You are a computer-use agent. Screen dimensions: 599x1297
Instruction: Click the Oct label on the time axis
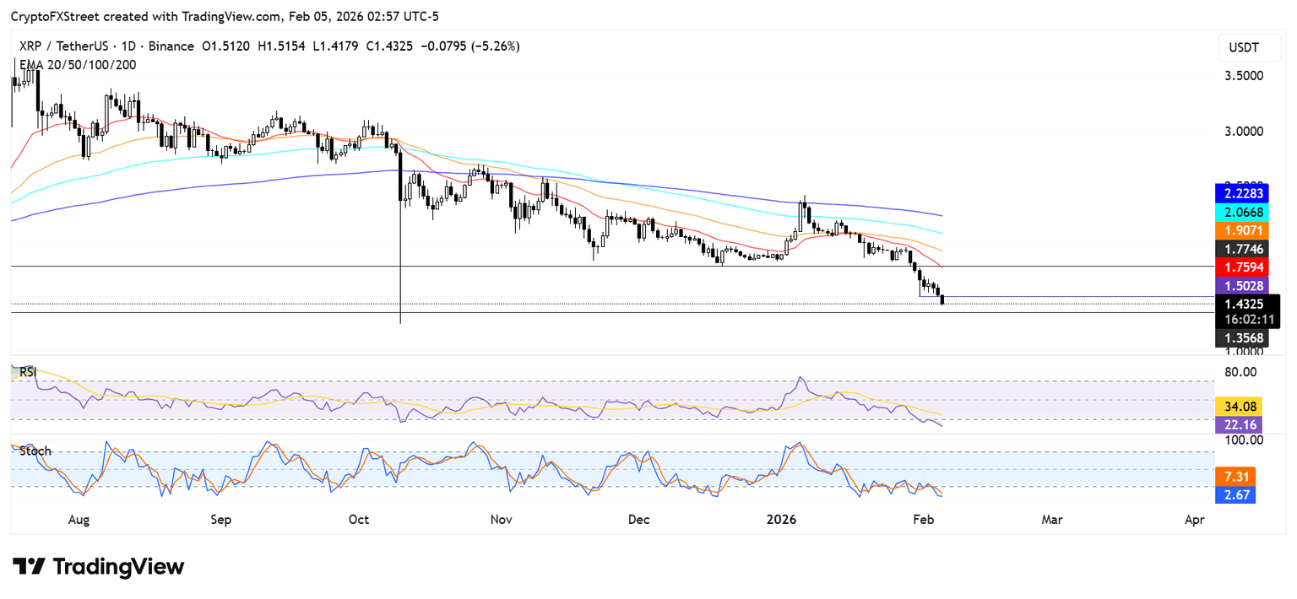[x=359, y=521]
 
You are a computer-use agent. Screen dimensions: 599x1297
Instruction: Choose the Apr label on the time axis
[x=1194, y=521]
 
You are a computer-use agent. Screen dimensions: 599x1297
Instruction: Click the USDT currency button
[x=1244, y=48]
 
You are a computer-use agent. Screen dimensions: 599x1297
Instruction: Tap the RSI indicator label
[x=28, y=371]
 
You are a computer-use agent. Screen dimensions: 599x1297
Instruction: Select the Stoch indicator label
[x=35, y=451]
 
